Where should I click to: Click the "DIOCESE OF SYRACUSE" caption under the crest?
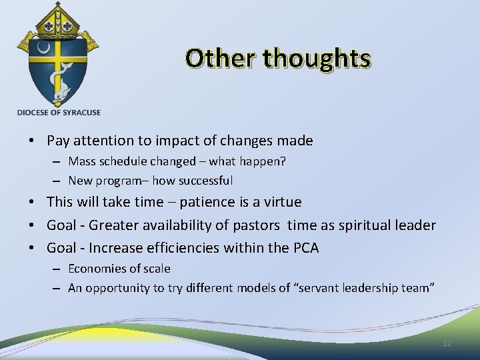point(59,113)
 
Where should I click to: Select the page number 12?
point(447,343)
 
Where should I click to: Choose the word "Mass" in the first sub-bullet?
point(81,161)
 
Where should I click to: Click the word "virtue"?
point(282,202)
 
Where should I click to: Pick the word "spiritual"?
point(364,225)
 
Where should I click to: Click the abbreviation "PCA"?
point(305,248)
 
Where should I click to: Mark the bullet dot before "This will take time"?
point(33,202)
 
